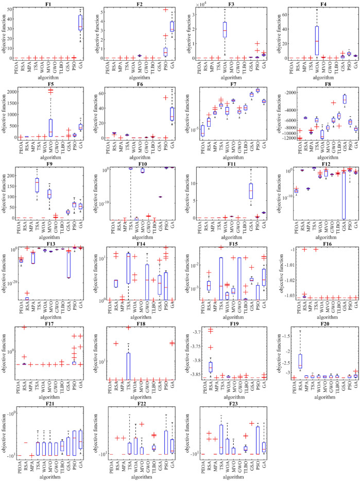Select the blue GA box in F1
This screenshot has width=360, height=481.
[x=80, y=23]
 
